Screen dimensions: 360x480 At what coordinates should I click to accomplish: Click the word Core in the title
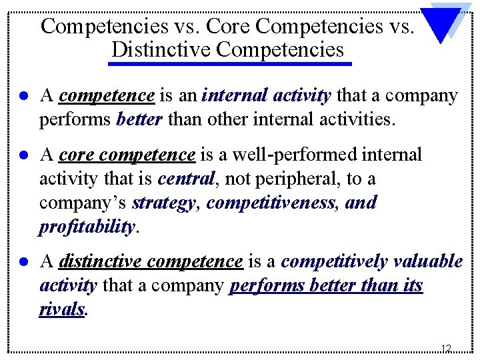point(229,27)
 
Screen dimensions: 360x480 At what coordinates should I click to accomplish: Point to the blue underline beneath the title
point(230,64)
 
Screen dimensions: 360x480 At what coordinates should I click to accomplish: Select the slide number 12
point(446,348)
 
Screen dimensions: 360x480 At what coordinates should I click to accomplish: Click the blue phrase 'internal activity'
point(266,96)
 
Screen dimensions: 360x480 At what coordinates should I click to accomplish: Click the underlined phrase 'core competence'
point(127,155)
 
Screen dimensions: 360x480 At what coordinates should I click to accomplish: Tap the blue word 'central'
point(186,179)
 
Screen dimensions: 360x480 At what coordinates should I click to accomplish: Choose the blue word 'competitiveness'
point(271,203)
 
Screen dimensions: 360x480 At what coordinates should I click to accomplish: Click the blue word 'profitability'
point(87,227)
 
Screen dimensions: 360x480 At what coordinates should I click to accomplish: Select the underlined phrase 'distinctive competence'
point(151,261)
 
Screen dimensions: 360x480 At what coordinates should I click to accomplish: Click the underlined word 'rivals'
point(62,309)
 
